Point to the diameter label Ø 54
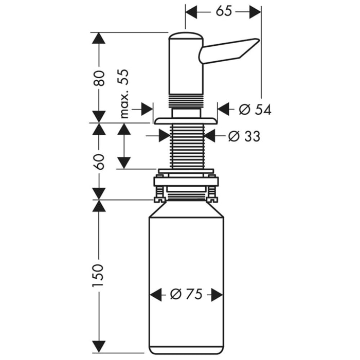[255, 109]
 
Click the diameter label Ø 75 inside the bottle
[186, 294]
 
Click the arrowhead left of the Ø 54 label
[224, 109]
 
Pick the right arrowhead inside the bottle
[217, 294]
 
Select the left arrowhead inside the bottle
[155, 294]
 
